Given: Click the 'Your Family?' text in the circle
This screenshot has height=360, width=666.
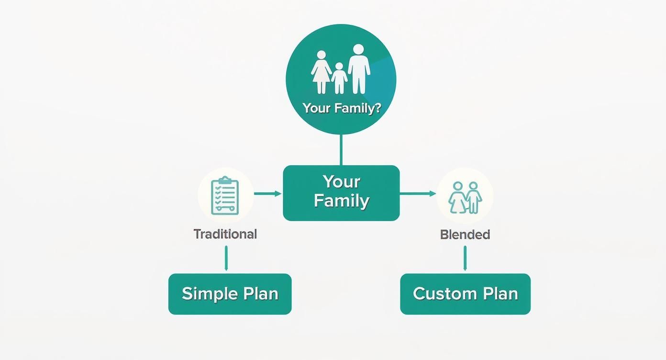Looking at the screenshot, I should click(x=341, y=108).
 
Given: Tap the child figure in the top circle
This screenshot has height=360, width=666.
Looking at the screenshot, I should click(x=339, y=78).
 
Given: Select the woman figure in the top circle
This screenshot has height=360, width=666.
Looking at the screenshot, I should click(x=321, y=72).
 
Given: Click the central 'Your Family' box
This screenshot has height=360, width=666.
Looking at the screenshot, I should click(x=341, y=193).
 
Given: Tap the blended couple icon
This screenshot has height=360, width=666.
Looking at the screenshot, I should click(x=465, y=196).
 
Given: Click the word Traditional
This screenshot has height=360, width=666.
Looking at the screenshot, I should click(x=225, y=234).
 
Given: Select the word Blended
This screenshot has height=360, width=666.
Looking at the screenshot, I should click(x=465, y=235).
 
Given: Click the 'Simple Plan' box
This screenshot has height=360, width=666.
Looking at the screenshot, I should click(x=230, y=294).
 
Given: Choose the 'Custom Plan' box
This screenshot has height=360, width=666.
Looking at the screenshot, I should click(x=465, y=294).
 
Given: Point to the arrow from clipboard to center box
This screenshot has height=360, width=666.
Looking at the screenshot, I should click(x=267, y=193).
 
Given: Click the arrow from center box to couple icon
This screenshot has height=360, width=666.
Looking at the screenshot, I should click(x=418, y=193).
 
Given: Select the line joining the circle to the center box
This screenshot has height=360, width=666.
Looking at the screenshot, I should click(x=341, y=150).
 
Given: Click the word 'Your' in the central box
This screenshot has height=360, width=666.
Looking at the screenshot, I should click(x=341, y=182).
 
